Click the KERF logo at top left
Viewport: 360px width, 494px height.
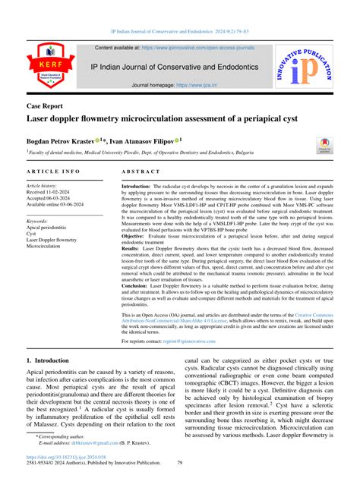tap(52, 70)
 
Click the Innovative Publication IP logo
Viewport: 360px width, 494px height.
tap(307, 70)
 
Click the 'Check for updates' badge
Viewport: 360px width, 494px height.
tap(325, 144)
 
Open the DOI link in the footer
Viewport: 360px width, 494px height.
tap(68, 480)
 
